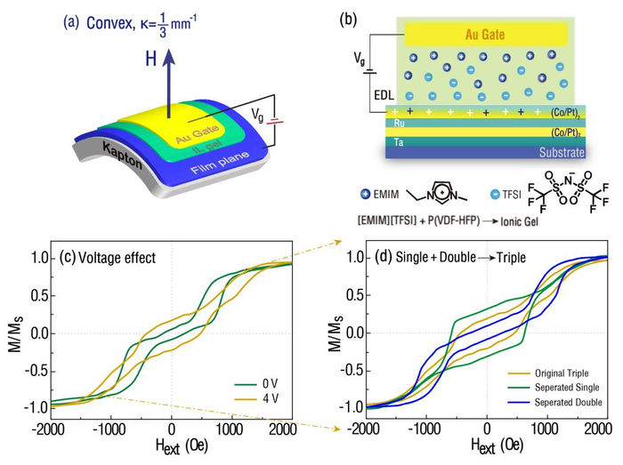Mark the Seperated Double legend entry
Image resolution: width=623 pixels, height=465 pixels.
tap(572, 402)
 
